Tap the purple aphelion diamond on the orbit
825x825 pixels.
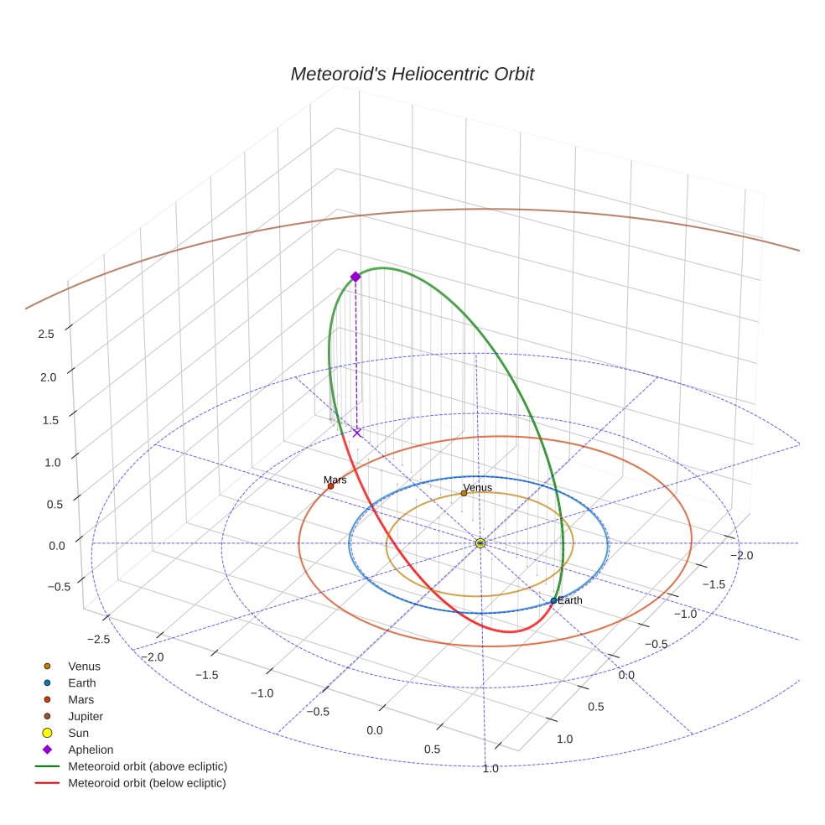click(355, 277)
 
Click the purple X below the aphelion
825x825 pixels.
click(357, 433)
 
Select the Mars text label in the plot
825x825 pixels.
click(335, 480)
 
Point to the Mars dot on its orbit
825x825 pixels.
click(330, 486)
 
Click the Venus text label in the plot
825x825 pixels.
click(477, 487)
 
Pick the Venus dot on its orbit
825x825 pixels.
click(464, 493)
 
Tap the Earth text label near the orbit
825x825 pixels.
click(569, 600)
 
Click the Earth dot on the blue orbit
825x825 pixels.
click(553, 600)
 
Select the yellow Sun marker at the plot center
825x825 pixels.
click(480, 543)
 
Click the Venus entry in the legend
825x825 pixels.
click(84, 667)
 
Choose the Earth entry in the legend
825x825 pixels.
click(81, 683)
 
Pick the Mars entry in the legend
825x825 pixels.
click(80, 699)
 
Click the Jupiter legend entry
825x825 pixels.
click(86, 716)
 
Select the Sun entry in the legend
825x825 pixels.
click(78, 733)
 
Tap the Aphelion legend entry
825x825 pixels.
click(91, 750)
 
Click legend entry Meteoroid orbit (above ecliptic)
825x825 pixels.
click(147, 766)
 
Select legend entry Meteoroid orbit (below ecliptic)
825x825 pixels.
click(147, 783)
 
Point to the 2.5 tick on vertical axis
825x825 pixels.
click(46, 334)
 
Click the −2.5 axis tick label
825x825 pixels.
click(98, 639)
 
